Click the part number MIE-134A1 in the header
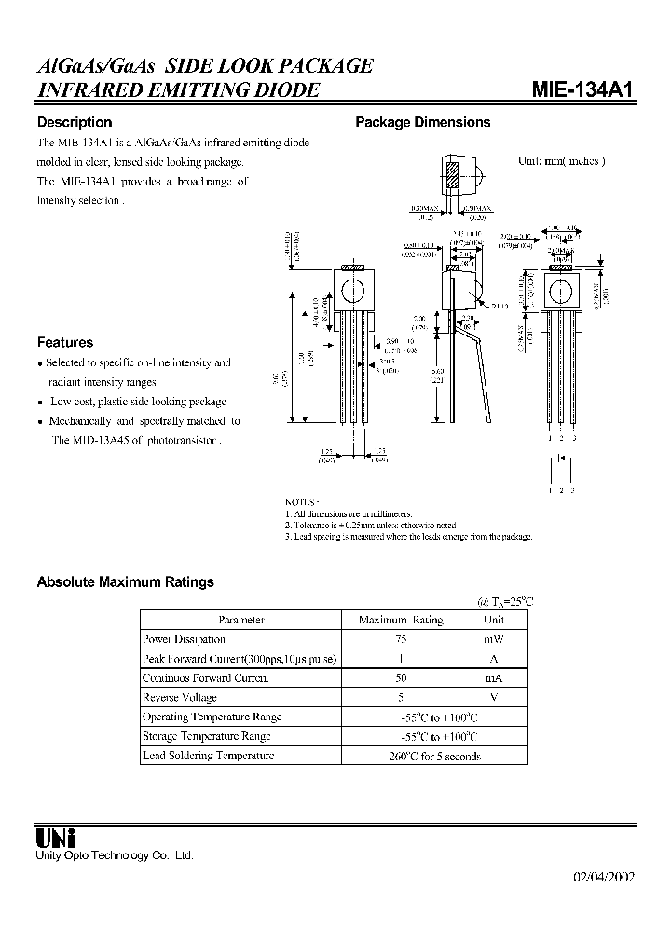[x=582, y=90]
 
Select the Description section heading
[x=75, y=122]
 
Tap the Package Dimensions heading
[x=423, y=122]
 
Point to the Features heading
[x=65, y=342]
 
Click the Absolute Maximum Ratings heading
[x=125, y=581]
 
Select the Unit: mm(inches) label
[x=561, y=160]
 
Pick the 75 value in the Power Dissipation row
[x=401, y=639]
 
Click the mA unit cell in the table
[x=494, y=678]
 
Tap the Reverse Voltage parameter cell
[x=180, y=698]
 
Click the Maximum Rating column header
[x=401, y=620]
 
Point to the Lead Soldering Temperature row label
[x=208, y=756]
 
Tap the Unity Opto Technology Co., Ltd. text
[x=115, y=854]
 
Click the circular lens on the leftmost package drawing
[x=352, y=291]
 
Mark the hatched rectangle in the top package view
[x=451, y=176]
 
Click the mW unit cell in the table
[x=494, y=639]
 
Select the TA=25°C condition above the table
[x=505, y=601]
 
